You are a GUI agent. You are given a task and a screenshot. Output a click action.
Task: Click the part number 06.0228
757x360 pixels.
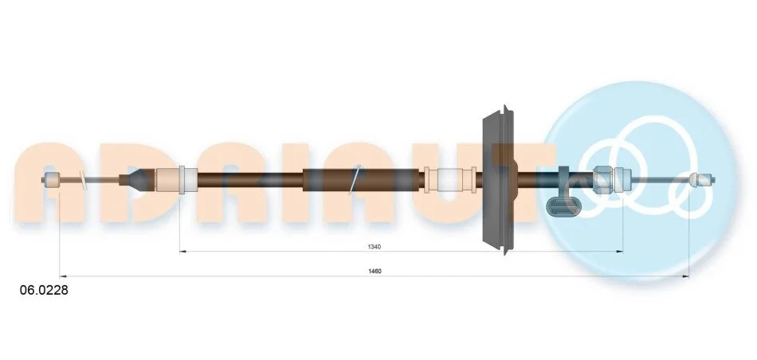point(44,291)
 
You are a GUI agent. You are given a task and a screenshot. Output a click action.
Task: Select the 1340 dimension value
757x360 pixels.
point(375,247)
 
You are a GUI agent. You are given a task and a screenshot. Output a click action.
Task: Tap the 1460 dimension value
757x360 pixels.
point(375,272)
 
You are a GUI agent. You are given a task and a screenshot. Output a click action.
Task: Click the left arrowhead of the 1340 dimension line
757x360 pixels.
point(182,252)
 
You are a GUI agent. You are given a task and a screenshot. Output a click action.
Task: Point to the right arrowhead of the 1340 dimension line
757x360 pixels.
point(619,252)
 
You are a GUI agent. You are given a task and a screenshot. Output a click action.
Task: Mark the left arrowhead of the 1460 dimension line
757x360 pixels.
point(63,277)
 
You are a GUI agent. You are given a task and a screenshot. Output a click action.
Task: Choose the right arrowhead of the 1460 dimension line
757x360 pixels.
point(685,277)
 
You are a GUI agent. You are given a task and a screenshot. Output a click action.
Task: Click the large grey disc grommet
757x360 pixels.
point(500,179)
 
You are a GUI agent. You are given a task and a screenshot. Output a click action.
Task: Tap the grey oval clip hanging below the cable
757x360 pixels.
point(561,207)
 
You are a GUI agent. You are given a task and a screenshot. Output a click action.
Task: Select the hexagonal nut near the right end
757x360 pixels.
point(603,179)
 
